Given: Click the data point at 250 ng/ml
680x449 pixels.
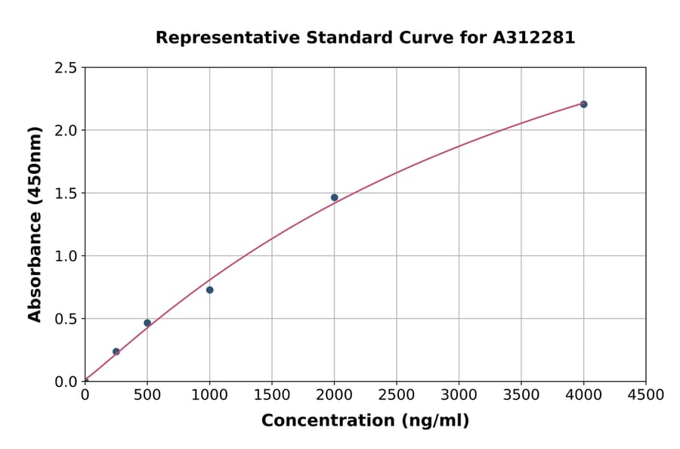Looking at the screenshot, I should pos(116,351).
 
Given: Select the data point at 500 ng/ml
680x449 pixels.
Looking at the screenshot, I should pos(147,323).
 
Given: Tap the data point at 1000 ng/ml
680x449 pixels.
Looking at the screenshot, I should pos(210,290).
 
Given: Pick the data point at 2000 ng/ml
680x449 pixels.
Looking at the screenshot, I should pos(334,197).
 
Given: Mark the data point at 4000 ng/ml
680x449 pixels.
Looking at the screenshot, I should pos(583,104).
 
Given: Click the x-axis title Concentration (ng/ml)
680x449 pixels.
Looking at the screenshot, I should pos(365,421).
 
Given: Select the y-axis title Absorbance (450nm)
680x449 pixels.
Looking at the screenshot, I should pos(35,224).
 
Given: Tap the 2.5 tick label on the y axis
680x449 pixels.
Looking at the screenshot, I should pos(66,68).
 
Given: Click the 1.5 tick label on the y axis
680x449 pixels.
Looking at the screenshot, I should pos(66,194).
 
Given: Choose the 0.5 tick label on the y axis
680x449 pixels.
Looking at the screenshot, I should pos(66,319).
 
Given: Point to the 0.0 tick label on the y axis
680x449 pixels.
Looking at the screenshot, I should pos(66,382).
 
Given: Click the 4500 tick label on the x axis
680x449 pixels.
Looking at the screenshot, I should pos(645,395).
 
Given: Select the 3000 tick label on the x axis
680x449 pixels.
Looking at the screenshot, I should pos(459,395).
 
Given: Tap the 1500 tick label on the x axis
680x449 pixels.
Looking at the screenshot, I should pos(272,395).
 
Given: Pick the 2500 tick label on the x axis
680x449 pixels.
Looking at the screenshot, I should pos(397,395).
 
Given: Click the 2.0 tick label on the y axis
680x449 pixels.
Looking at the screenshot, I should pos(66,131).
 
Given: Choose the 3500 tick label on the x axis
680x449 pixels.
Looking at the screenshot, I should pos(521,395).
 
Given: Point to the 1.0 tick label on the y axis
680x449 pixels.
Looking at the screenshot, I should pos(66,256).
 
